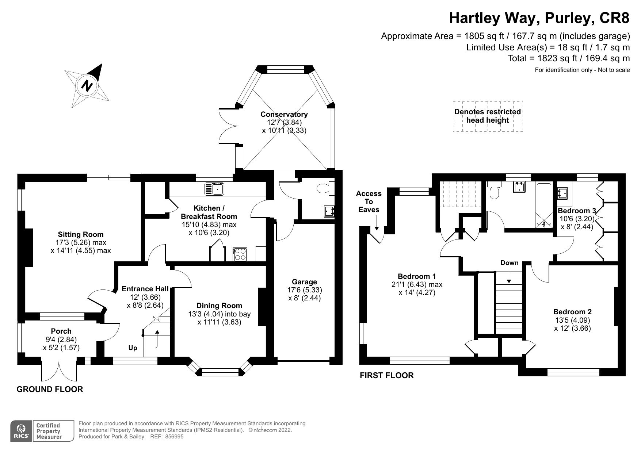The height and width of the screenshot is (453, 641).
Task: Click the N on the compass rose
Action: click(87, 86)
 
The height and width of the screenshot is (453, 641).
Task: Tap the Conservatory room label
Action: click(284, 114)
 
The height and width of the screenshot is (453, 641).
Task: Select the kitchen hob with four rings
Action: click(240, 254)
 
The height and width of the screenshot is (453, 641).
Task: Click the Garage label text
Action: click(304, 282)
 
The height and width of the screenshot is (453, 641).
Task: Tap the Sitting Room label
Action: click(81, 234)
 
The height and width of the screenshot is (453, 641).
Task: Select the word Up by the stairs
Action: click(133, 348)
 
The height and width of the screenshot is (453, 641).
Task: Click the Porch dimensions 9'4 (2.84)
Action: click(61, 339)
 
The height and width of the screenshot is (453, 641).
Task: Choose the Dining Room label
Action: click(219, 306)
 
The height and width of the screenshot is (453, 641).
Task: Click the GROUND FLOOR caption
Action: click(50, 389)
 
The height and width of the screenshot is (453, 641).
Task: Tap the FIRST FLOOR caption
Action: click(386, 375)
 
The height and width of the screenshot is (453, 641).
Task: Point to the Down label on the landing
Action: click(509, 263)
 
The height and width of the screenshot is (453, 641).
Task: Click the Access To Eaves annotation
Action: click(369, 201)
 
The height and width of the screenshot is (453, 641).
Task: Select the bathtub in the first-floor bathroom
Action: click(544, 205)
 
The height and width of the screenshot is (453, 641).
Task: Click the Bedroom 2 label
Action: click(572, 312)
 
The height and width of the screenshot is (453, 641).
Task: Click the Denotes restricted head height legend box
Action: click(488, 116)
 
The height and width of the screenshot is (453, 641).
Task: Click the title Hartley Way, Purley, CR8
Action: click(539, 18)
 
